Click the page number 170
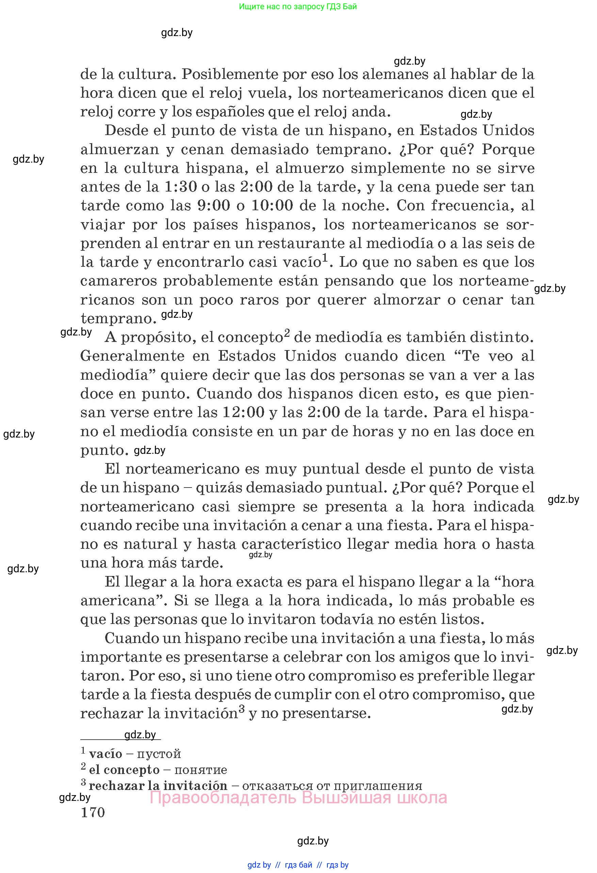tap(93, 812)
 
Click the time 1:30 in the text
tap(181, 187)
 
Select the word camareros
tap(118, 281)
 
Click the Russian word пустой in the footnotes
tap(159, 754)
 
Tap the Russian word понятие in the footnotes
tap(200, 770)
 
